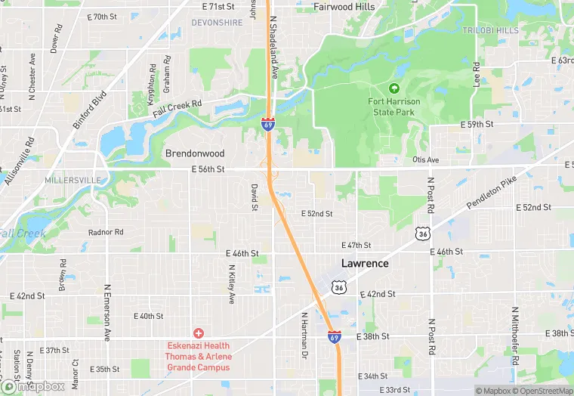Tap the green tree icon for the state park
393,89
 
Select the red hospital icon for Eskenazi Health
199,333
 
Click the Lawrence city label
365,264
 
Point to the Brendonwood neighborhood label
195,153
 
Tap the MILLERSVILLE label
72,181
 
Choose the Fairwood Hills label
344,7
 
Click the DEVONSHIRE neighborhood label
217,23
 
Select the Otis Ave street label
426,159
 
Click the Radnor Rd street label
106,232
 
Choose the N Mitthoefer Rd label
514,327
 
